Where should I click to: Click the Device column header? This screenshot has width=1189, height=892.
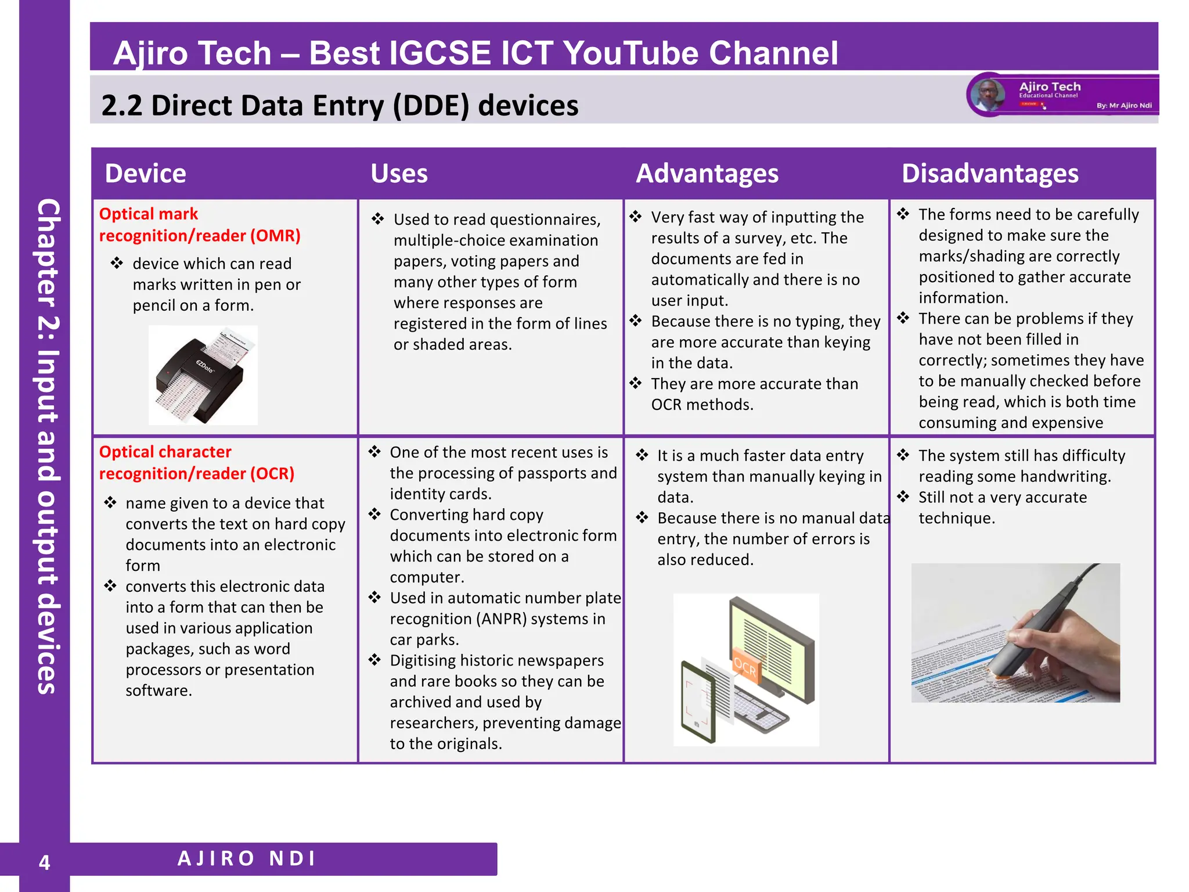(145, 174)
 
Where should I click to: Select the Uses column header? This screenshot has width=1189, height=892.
(399, 174)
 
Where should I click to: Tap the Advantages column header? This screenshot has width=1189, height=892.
(707, 174)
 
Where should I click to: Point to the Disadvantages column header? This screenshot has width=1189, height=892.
(990, 174)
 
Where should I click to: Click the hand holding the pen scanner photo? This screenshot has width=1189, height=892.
(1015, 633)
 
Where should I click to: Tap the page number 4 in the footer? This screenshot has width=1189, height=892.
(44, 862)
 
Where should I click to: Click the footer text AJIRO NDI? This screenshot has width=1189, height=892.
(247, 858)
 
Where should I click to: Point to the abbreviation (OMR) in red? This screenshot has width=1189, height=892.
(275, 236)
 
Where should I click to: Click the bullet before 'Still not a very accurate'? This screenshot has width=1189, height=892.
(903, 497)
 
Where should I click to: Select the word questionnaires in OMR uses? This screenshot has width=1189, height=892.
(545, 220)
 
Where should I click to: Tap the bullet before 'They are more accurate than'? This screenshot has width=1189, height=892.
(636, 383)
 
